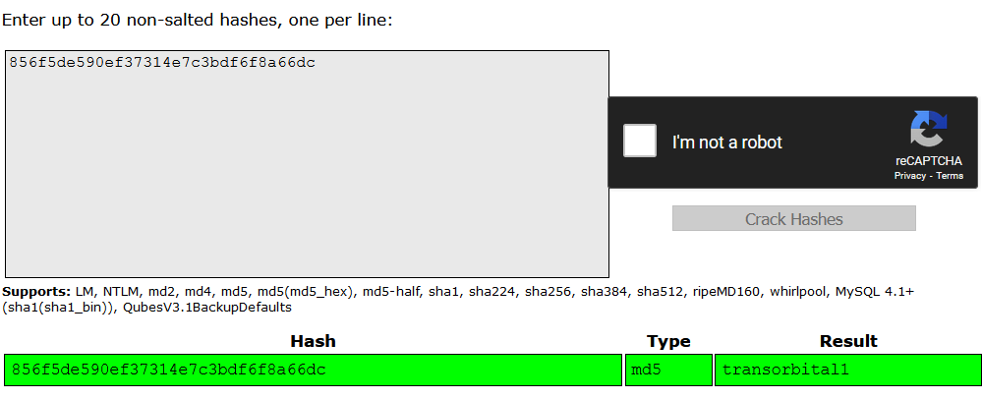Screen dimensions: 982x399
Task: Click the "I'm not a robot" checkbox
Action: pyautogui.click(x=639, y=141)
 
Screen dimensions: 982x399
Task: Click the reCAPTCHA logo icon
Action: pyautogui.click(x=928, y=129)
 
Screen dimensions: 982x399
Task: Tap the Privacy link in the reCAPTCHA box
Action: pyautogui.click(x=910, y=175)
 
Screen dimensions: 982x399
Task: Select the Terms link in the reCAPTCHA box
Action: pyautogui.click(x=950, y=175)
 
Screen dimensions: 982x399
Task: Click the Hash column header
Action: pyautogui.click(x=314, y=341)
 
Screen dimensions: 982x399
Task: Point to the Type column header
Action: pyautogui.click(x=668, y=341)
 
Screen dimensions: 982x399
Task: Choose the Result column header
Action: pyautogui.click(x=848, y=341)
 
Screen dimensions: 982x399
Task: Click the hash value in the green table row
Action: pyautogui.click(x=168, y=370)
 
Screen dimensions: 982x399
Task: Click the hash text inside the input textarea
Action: pyautogui.click(x=162, y=62)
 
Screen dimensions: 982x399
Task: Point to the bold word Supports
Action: pyautogui.click(x=37, y=292)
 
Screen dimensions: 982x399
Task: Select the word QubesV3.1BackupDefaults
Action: pyautogui.click(x=207, y=308)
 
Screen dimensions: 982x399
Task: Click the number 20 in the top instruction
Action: pyautogui.click(x=109, y=20)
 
